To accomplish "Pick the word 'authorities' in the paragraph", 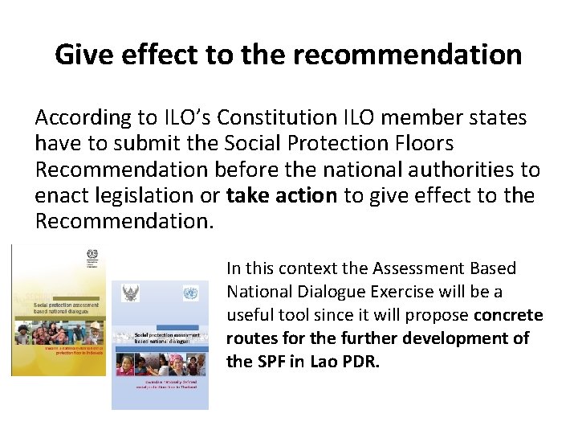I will pyautogui.click(x=449, y=170).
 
